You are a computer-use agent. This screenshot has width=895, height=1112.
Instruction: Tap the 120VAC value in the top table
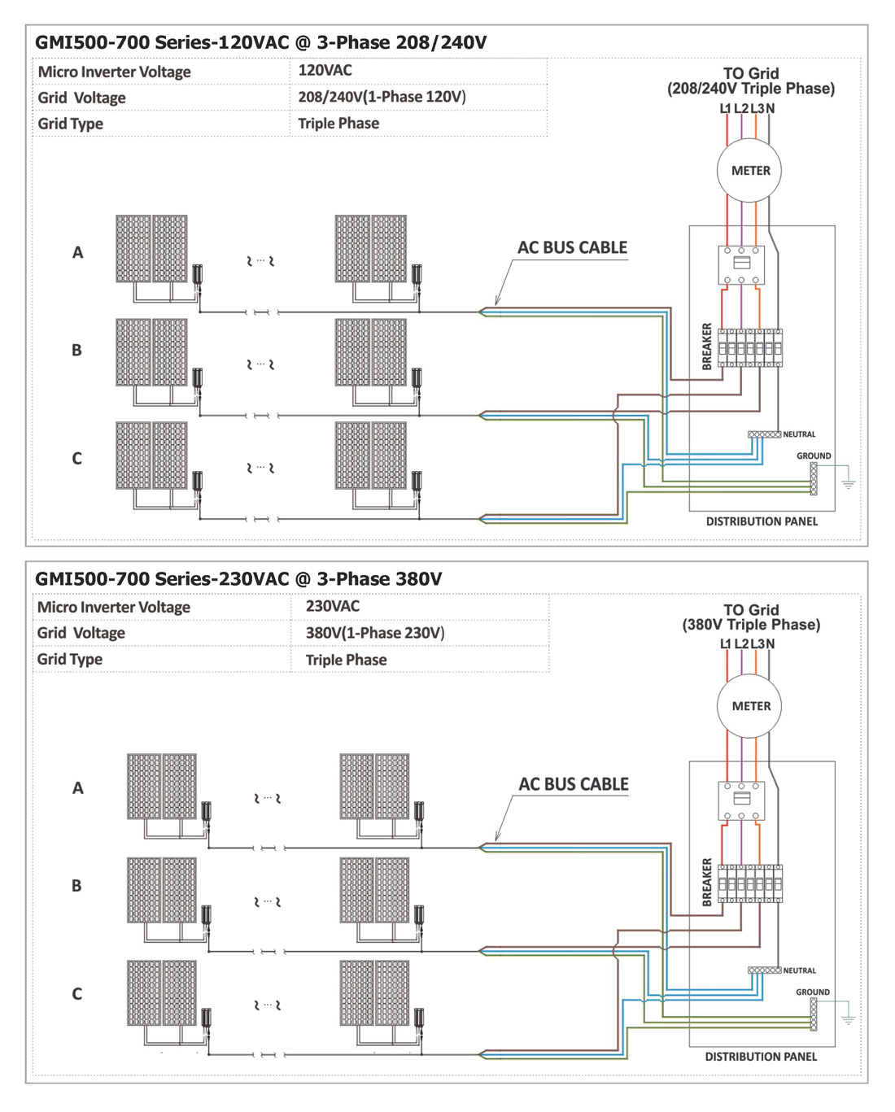coord(325,70)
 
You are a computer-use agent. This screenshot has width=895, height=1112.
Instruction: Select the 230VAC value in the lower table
coord(333,606)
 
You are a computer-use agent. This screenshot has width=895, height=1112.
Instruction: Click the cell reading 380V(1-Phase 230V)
coord(375,633)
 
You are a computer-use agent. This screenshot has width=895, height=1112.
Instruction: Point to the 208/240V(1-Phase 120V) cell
coord(382,97)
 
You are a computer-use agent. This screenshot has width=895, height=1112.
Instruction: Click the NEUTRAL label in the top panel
coord(799,434)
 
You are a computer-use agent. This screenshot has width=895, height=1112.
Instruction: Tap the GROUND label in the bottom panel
coord(813,992)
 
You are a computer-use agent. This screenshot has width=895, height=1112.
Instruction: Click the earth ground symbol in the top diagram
coord(848,484)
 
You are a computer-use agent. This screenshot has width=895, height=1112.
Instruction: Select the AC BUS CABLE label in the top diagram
coord(572,247)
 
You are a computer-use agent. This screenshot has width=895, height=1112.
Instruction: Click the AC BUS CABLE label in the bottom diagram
coord(574,784)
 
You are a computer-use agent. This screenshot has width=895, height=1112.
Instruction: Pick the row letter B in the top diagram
coord(76,350)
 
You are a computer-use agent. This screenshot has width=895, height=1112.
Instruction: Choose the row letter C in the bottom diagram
coord(76,994)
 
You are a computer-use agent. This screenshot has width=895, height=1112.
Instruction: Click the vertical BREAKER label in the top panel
coord(707,347)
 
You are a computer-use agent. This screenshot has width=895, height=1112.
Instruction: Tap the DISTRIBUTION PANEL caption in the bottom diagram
coord(761,1057)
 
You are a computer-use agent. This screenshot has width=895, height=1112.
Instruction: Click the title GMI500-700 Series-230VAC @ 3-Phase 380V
coord(238,578)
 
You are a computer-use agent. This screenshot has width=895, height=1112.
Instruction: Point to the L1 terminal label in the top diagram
coord(726,108)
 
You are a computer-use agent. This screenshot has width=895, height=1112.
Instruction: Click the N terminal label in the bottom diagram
coord(770,643)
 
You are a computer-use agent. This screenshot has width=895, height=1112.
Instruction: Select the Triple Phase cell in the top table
coord(338,124)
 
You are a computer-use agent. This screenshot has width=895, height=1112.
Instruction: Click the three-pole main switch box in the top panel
coord(741,264)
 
